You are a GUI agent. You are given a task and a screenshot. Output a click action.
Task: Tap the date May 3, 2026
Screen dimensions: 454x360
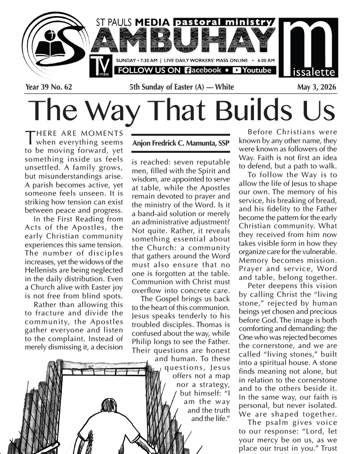(316, 87)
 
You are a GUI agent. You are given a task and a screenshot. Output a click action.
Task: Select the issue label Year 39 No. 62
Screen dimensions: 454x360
(49, 87)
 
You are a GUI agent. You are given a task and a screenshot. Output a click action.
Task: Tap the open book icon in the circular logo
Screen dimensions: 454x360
(49, 49)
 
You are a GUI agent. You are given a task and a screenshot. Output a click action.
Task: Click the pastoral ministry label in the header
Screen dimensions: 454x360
(224, 22)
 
